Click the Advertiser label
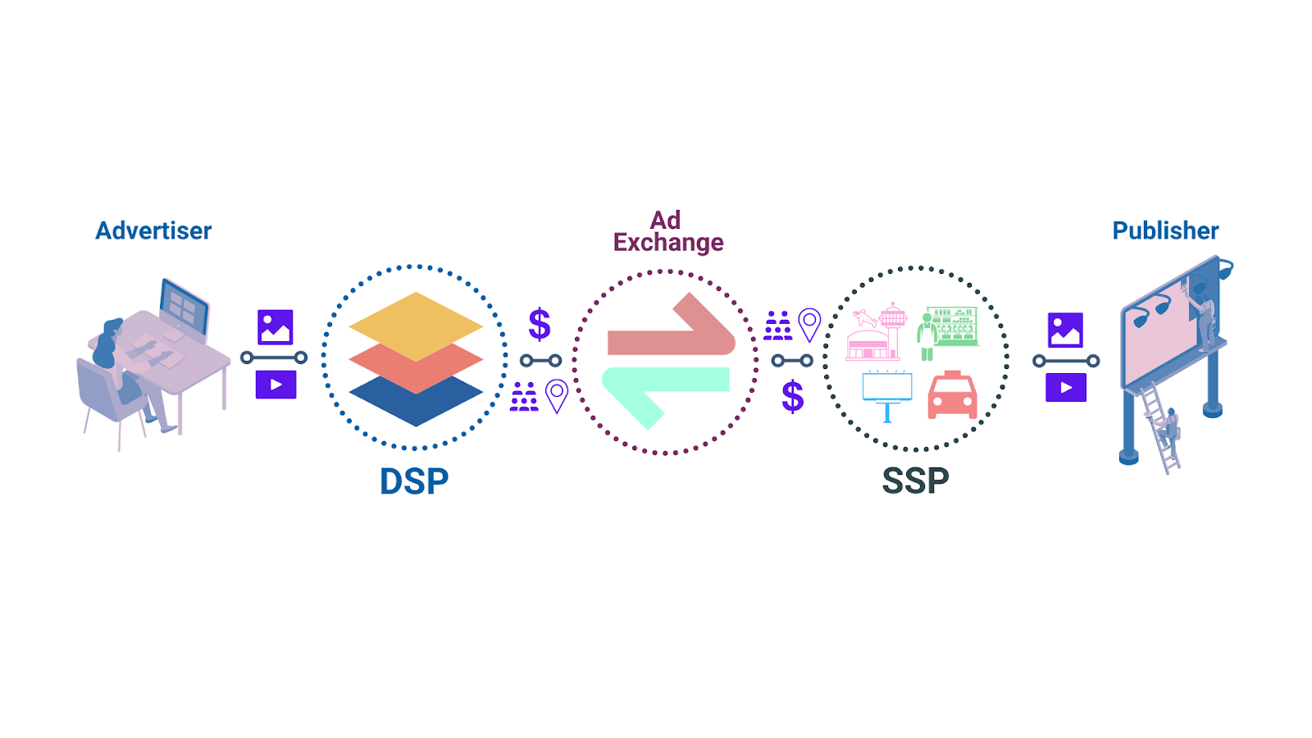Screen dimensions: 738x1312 coord(153,230)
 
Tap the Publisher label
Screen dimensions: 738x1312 coord(1164,230)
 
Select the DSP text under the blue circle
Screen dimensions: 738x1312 coord(414,481)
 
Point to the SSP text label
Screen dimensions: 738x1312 coord(915,481)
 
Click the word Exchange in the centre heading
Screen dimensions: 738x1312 coord(668,243)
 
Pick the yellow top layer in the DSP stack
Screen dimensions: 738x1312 coord(416,323)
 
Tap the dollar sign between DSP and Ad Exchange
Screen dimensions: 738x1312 coord(540,324)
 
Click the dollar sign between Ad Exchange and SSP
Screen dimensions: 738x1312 coord(792,397)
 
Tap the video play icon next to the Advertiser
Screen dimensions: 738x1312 coord(276,385)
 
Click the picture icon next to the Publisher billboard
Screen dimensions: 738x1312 coord(1065,330)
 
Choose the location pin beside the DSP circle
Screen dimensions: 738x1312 coord(557,396)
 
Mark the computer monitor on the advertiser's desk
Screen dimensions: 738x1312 coord(184,305)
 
